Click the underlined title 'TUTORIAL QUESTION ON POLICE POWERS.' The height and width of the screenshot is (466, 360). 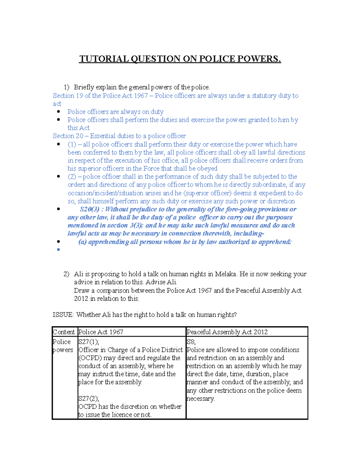180,59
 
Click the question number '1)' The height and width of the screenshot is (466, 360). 66,87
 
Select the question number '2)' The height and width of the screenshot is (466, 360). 66,274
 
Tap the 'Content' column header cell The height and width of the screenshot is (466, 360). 64,332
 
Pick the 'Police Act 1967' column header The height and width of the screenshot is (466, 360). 100,332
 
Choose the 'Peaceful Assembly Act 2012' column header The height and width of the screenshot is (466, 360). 227,332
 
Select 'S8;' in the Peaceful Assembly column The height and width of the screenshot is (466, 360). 191,342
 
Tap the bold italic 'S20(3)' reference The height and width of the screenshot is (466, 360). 89,209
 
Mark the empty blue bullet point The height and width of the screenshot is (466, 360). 58,250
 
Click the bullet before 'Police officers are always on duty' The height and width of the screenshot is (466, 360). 58,112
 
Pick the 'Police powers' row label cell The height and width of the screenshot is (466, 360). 63,346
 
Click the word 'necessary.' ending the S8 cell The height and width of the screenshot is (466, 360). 200,399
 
